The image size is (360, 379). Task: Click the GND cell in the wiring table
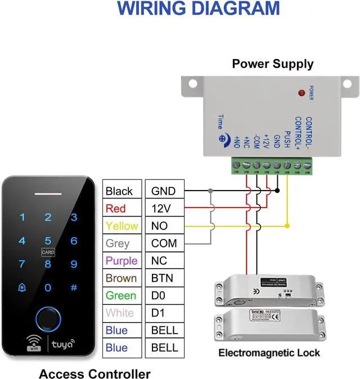pos(163,191)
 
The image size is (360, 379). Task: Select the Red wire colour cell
pos(116,208)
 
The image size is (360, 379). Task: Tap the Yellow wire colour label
pos(121,225)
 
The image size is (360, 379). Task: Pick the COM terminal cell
pos(164,243)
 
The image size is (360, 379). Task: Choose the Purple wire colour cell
pos(121,260)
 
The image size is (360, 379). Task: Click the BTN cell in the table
pos(162,278)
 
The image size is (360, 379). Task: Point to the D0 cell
pos(159,295)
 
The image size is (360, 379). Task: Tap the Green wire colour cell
pos(120,295)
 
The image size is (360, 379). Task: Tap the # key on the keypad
pos(73,287)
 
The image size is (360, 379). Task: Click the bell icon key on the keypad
pos(22,287)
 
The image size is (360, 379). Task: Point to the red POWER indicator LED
pos(301,92)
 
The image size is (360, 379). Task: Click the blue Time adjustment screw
pos(223,137)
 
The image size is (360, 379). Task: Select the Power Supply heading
pos(273,64)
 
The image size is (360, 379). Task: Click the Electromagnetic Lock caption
pos(269,353)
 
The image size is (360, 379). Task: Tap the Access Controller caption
pos(94,373)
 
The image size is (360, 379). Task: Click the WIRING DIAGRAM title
pos(199,8)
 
